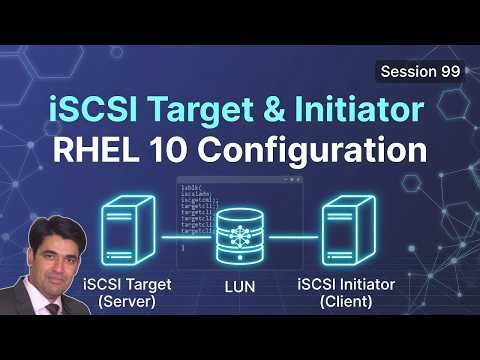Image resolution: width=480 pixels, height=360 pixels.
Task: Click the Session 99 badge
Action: (420, 72)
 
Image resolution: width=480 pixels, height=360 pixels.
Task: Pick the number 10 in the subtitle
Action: (181, 152)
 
